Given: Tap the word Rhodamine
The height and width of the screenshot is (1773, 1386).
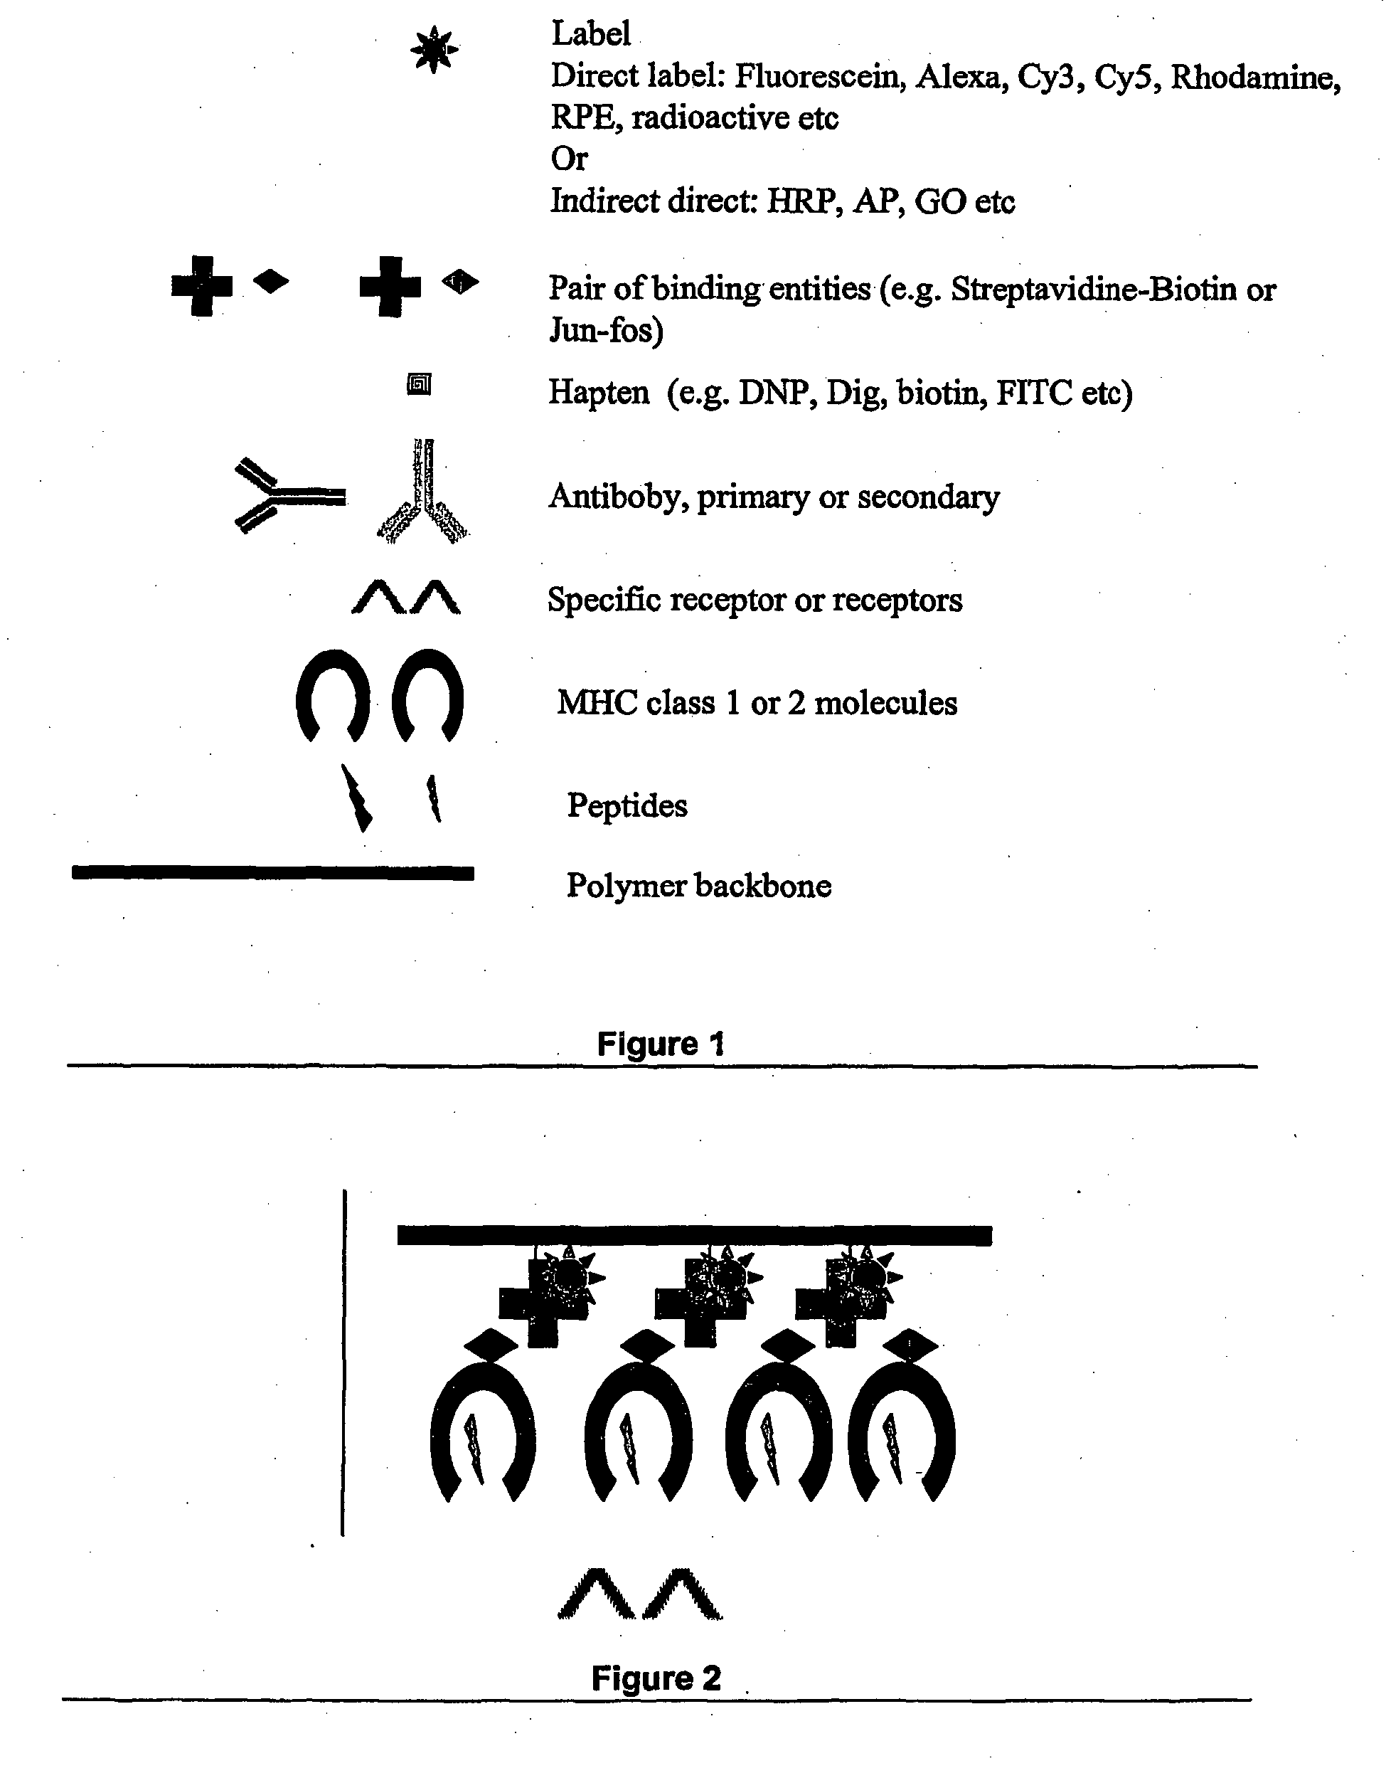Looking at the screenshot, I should [x=1254, y=76].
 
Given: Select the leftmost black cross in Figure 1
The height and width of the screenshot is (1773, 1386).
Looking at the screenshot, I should [x=201, y=286].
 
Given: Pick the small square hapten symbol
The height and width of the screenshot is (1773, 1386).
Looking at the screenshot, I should [x=419, y=384].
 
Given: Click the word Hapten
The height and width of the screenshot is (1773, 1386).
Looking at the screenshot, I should [x=599, y=393].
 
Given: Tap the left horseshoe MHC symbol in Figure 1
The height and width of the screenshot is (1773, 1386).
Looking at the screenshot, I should [x=333, y=694].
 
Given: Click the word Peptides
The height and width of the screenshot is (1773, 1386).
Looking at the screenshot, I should [x=627, y=805].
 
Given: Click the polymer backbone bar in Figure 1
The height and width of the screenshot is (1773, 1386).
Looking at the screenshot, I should [x=272, y=873].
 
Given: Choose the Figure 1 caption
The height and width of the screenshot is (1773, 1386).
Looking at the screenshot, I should [x=660, y=1044].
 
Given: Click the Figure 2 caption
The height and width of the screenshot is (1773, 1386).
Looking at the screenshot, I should [x=655, y=1678].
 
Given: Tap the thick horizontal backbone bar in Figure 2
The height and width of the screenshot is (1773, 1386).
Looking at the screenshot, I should [x=694, y=1236].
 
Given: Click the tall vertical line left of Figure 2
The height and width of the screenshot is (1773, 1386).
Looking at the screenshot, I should [x=344, y=1364].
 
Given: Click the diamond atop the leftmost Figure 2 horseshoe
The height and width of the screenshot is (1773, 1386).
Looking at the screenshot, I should [x=489, y=1345].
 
